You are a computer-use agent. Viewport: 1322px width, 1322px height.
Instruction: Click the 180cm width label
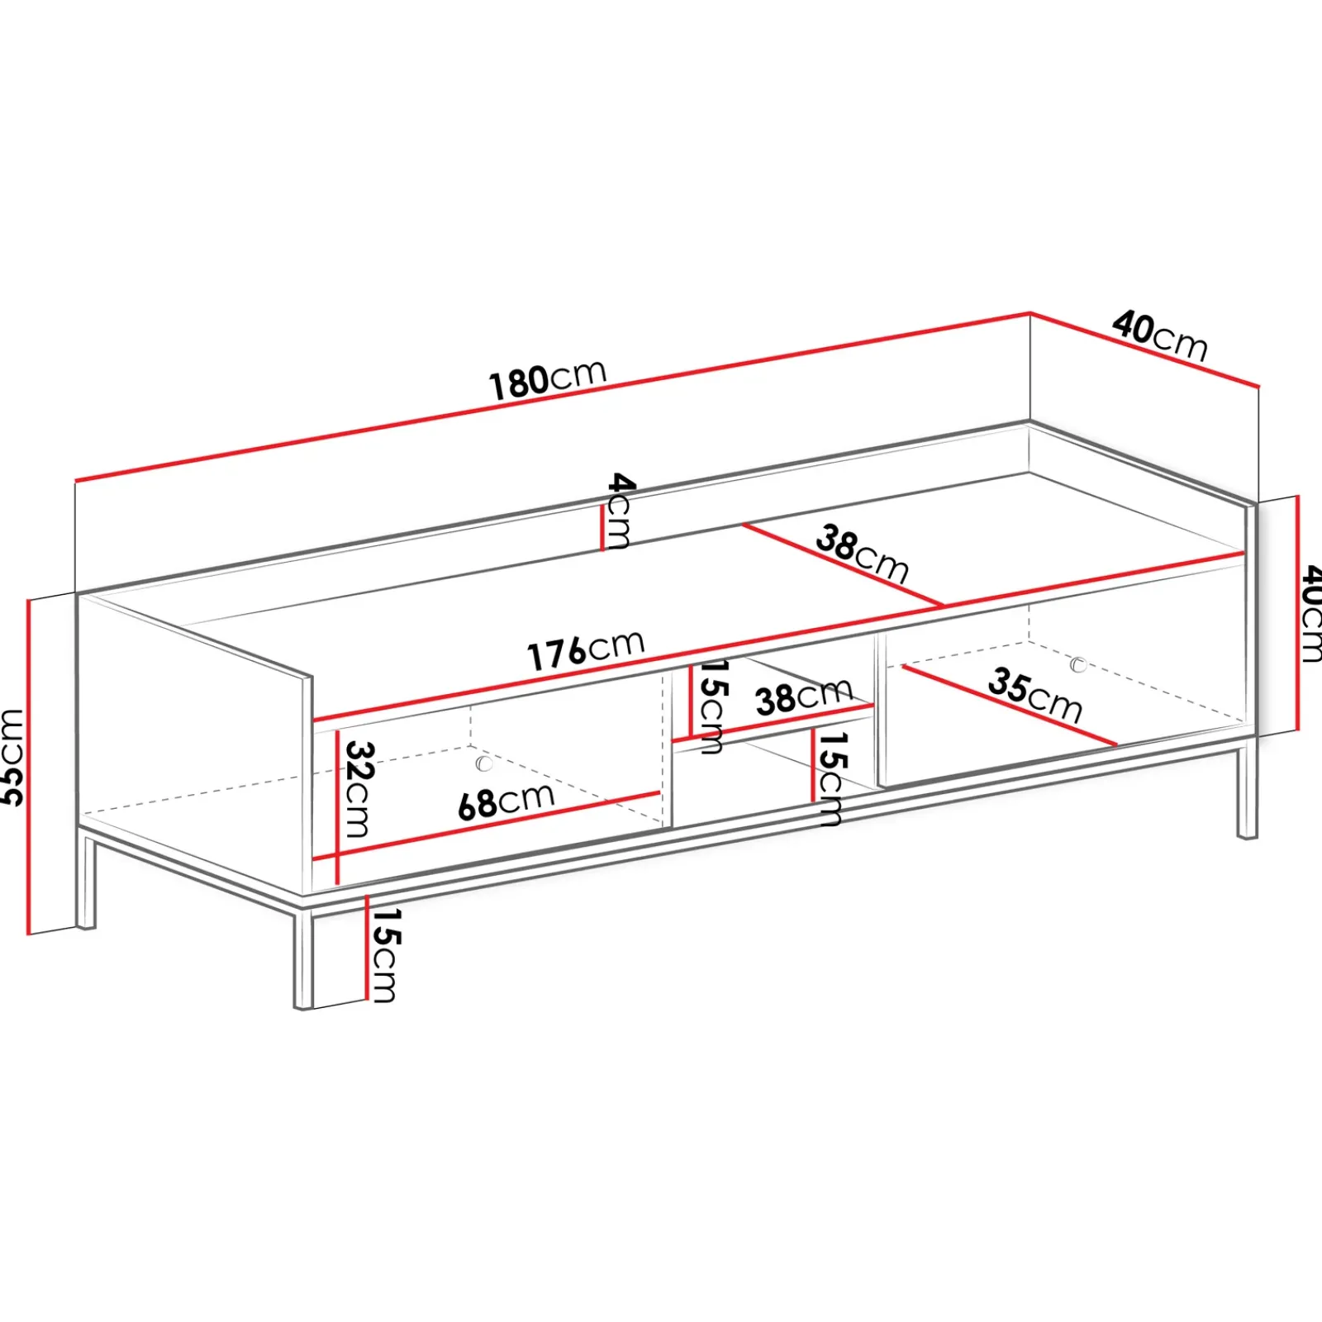point(548,380)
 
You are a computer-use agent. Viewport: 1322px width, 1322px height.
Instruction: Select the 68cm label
point(506,801)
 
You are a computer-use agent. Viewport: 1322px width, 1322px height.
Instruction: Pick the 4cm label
point(620,510)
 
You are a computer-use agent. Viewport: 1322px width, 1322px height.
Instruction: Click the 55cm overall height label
point(12,756)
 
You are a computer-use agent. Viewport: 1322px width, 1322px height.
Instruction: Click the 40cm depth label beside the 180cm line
point(1159,335)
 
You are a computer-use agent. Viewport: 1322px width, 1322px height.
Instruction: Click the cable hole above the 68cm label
point(484,763)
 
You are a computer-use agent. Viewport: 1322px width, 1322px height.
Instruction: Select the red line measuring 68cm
point(496,826)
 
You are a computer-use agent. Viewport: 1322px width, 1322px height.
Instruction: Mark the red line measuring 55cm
point(28,764)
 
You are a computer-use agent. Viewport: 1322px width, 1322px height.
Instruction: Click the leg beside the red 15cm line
point(304,958)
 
